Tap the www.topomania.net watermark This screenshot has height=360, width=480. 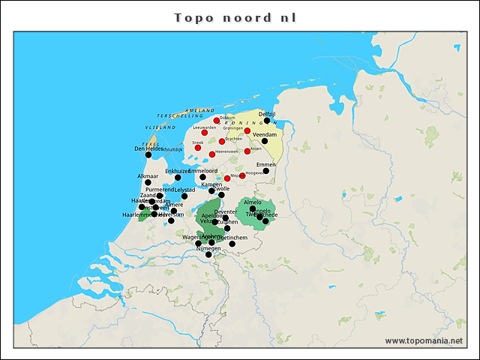(x=424, y=340)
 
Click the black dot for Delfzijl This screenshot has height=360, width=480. (x=267, y=121)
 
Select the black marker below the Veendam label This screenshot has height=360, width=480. (x=264, y=141)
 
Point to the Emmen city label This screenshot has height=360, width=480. (x=265, y=164)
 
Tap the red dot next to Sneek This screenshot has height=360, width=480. (x=198, y=148)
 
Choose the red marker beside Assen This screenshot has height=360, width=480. (x=247, y=151)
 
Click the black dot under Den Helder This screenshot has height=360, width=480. (x=148, y=155)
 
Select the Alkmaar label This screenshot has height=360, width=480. (x=148, y=176)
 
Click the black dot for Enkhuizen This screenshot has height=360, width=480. (x=178, y=178)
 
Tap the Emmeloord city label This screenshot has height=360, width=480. (x=202, y=171)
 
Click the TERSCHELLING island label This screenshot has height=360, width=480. (x=179, y=116)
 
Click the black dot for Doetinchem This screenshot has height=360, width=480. (x=232, y=244)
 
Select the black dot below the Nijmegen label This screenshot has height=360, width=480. (x=208, y=255)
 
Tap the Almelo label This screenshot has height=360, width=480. (x=253, y=202)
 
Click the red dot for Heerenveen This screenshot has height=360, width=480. (x=212, y=154)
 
